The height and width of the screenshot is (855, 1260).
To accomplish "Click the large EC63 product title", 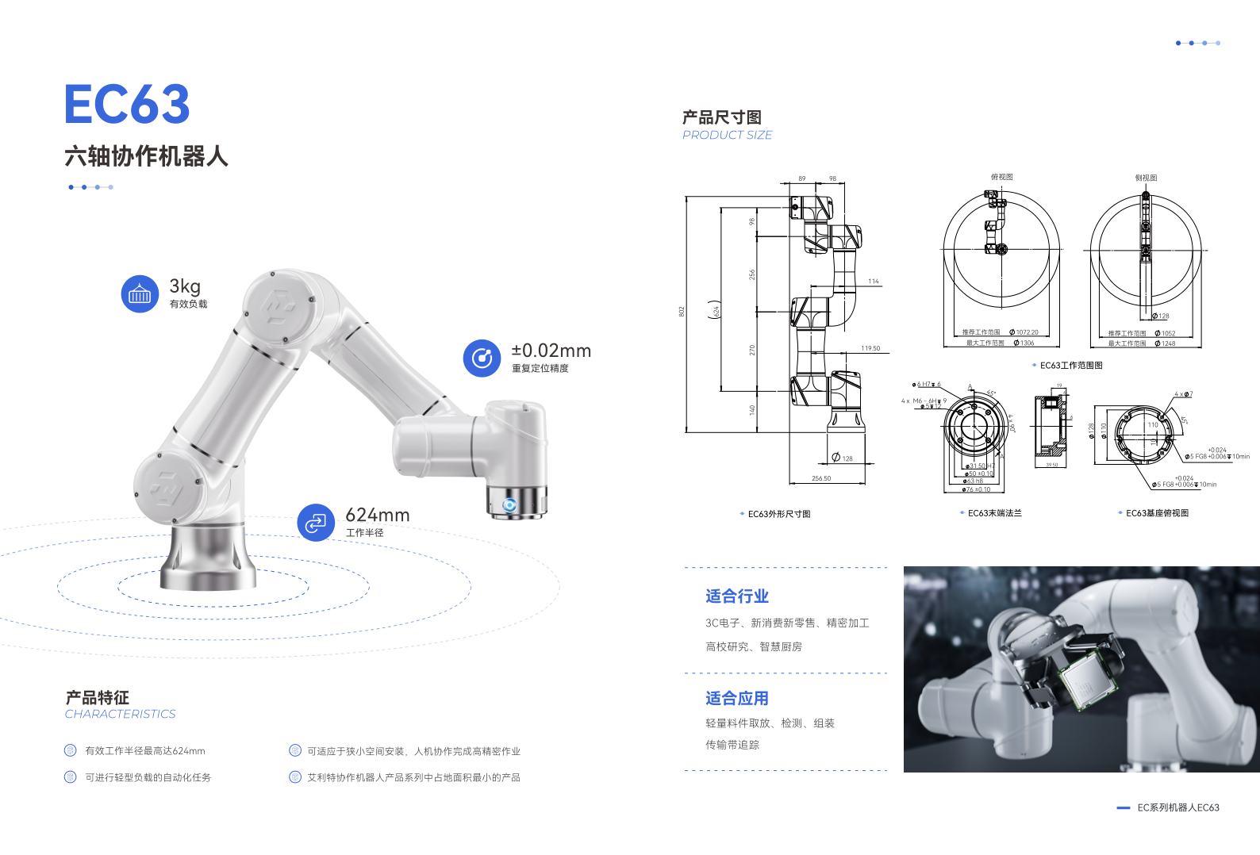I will [127, 105].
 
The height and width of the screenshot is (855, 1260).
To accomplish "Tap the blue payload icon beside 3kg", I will [140, 294].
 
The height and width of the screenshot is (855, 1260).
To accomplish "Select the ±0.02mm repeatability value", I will [551, 351].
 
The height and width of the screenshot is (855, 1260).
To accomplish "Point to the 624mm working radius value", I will [378, 516].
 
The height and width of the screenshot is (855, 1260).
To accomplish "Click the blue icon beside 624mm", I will [316, 523].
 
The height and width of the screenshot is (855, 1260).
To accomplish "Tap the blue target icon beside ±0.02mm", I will [482, 358].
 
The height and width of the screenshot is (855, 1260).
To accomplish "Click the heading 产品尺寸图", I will [721, 118].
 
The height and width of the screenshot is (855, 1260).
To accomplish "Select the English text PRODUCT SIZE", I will [727, 136].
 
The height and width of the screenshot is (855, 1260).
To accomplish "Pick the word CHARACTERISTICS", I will [120, 714].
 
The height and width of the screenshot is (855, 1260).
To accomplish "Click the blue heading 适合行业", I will [737, 596].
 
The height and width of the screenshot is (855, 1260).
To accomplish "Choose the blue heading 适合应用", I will [737, 699].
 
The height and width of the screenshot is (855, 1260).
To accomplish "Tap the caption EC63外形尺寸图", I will [778, 514].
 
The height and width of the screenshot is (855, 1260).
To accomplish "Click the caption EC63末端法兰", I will [994, 513].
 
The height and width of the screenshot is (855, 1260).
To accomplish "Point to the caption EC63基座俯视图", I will [1157, 513].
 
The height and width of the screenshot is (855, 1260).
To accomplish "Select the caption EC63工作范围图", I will [1071, 366].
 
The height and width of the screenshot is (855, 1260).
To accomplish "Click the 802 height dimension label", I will [682, 312].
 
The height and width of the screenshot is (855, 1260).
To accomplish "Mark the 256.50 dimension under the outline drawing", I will [821, 478].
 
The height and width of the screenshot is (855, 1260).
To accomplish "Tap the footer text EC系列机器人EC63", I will [1177, 807].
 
